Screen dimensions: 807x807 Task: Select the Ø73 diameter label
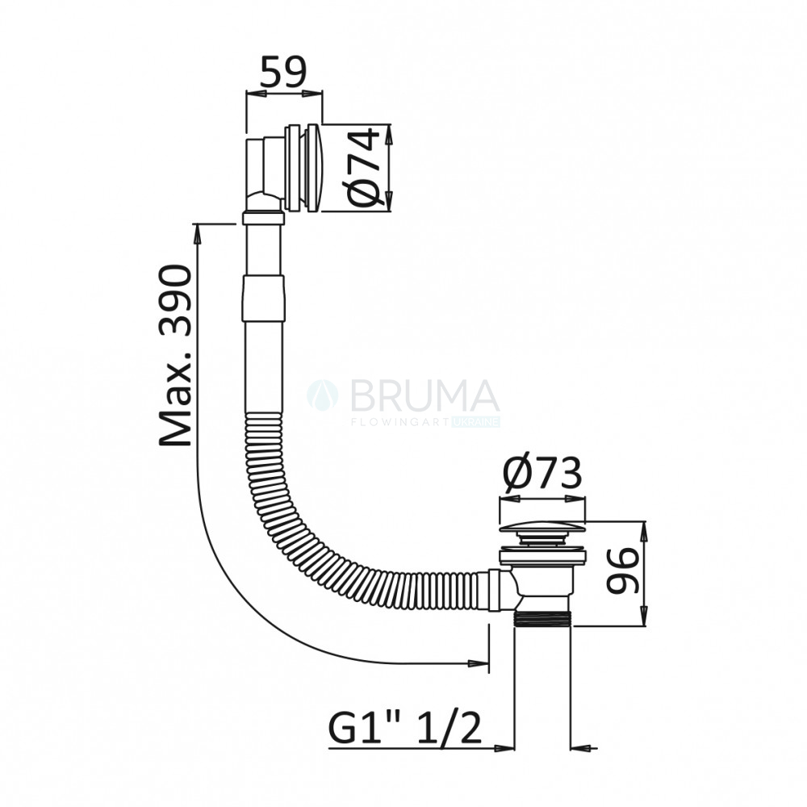coord(542,473)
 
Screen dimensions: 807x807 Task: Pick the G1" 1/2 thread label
coord(406,728)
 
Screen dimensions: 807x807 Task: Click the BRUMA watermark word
coord(424,395)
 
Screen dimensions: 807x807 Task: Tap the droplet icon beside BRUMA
coord(322,395)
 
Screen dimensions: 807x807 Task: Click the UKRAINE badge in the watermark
coord(475,422)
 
